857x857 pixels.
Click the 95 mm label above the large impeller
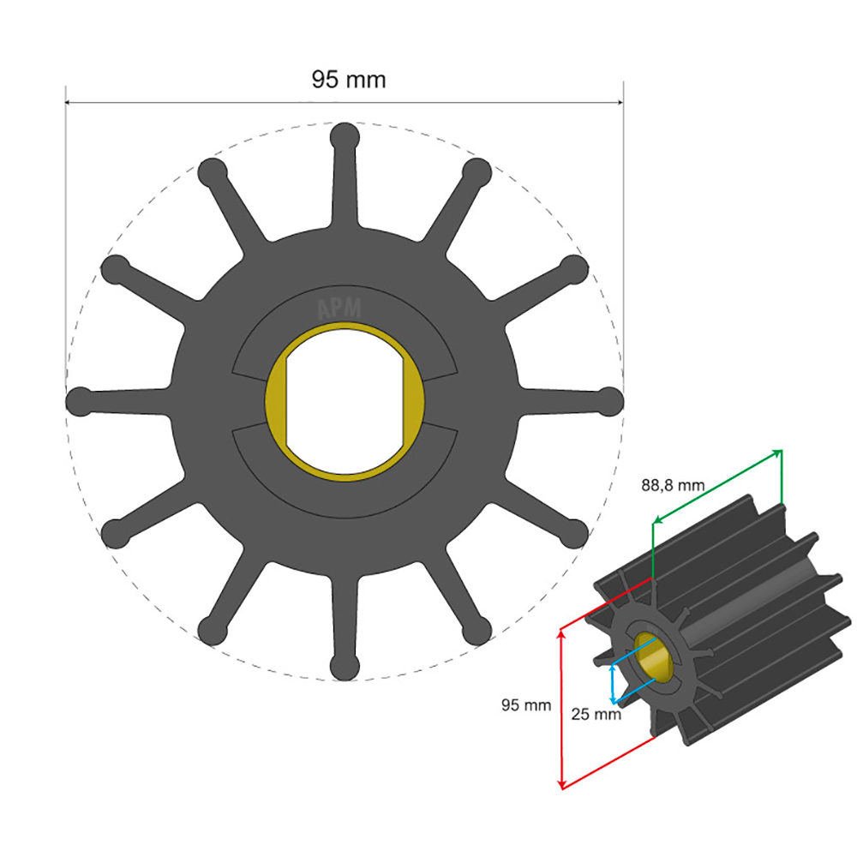(348, 80)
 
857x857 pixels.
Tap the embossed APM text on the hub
(340, 309)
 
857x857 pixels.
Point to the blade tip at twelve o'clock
(345, 136)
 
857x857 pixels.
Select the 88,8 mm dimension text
(673, 485)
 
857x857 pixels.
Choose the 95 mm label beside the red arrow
(525, 705)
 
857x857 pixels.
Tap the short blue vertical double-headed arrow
(612, 684)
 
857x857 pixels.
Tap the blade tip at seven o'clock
(211, 632)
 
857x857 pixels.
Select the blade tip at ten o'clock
(115, 268)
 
